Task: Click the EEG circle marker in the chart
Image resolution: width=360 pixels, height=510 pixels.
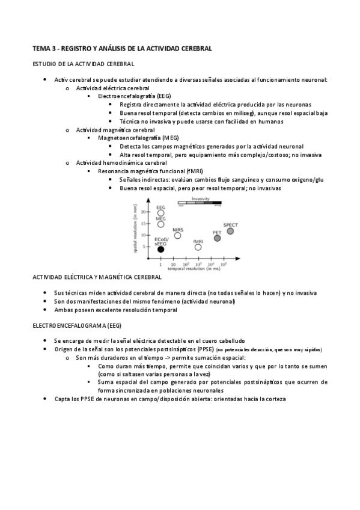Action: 160,212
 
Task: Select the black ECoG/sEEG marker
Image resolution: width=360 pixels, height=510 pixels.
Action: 160,249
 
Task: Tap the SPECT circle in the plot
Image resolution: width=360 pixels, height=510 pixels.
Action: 230,231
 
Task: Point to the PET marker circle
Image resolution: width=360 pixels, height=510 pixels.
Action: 217,238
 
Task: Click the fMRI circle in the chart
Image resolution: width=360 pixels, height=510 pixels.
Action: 198,247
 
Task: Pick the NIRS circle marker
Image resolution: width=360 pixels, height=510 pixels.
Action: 177,235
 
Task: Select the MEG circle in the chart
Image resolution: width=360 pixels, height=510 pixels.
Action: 160,224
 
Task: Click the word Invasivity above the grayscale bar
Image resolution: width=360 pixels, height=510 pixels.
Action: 200,198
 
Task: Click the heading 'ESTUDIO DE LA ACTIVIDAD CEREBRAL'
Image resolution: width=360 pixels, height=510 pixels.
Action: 83,63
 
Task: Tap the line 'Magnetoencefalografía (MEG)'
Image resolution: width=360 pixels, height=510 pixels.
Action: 134,138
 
